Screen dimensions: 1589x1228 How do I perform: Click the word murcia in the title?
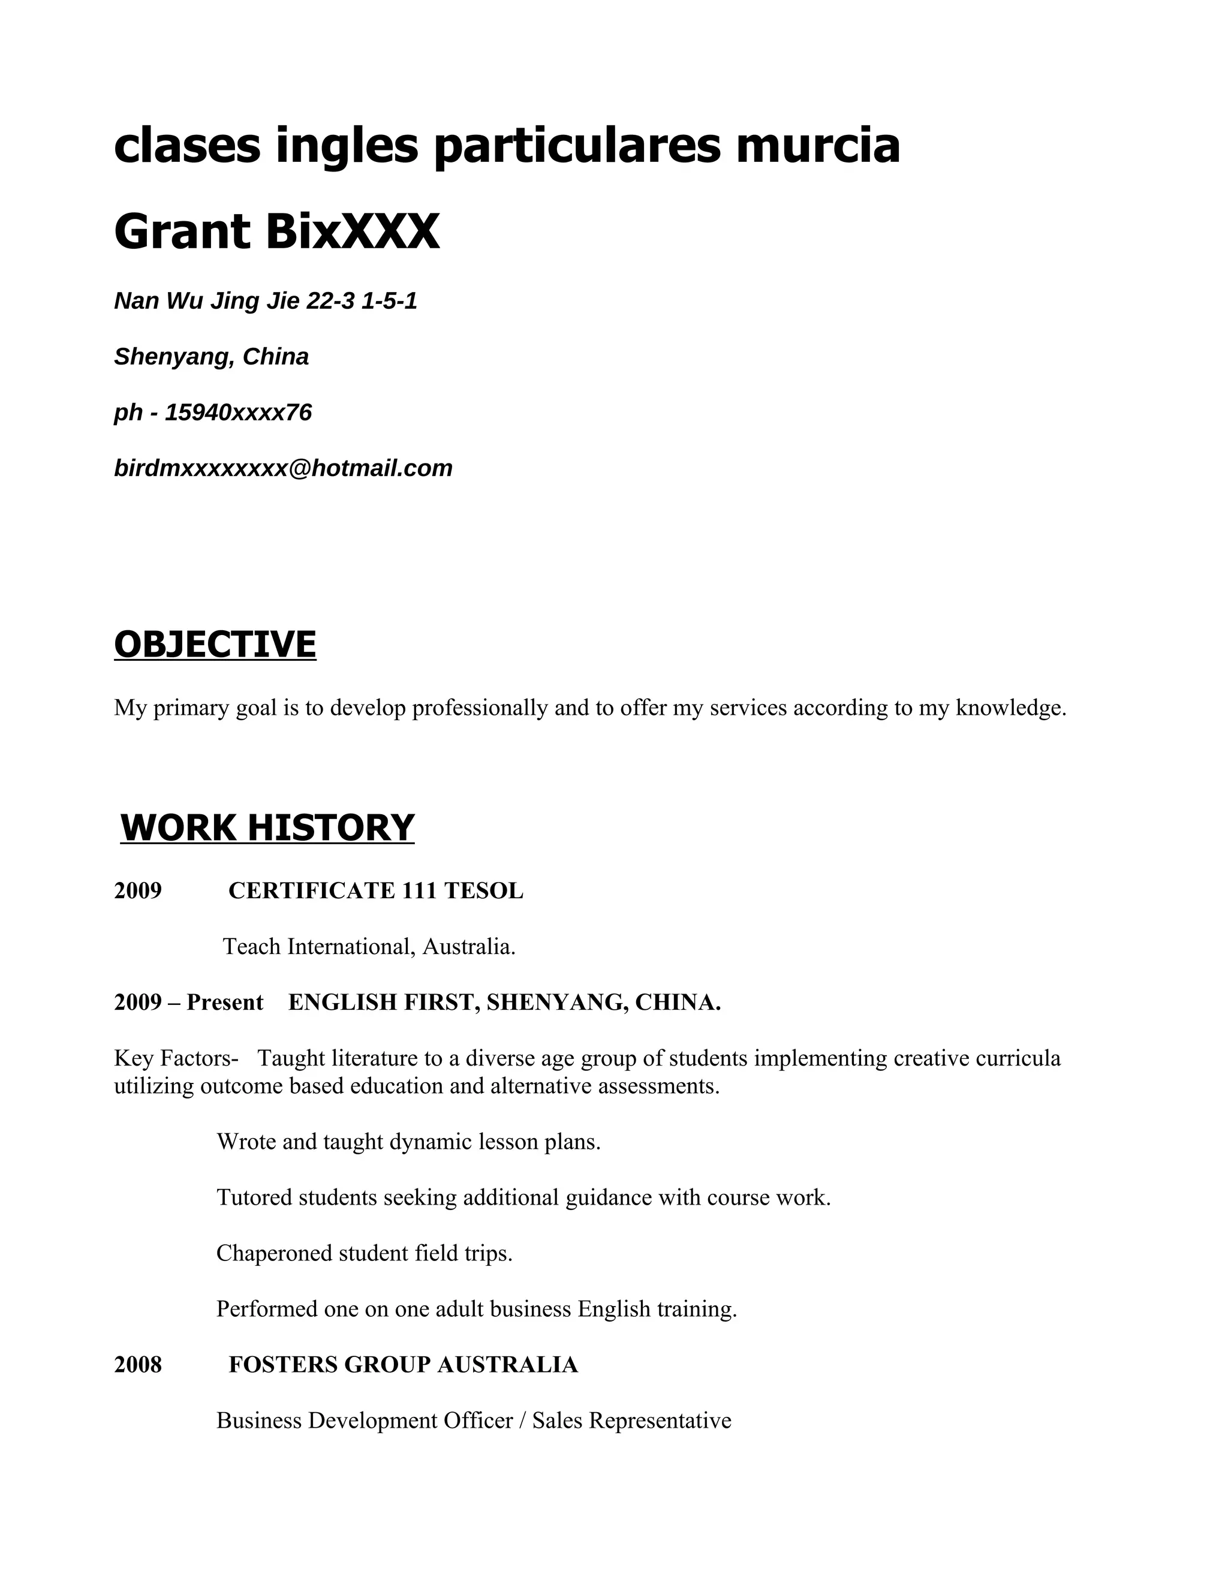point(818,145)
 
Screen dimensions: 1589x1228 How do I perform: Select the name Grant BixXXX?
point(276,231)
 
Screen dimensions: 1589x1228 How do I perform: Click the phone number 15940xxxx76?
point(238,413)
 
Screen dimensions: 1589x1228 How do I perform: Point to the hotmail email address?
point(283,468)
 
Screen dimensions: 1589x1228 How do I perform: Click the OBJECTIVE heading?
point(215,645)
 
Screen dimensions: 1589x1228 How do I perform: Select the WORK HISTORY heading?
point(267,828)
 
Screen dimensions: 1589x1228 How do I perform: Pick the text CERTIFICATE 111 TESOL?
point(375,890)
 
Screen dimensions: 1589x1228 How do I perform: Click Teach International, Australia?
point(369,947)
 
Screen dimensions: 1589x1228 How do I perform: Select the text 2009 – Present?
point(188,1003)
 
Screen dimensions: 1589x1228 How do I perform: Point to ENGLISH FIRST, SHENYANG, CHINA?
point(504,1003)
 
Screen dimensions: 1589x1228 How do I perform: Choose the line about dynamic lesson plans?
point(408,1142)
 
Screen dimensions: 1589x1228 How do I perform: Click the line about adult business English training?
point(477,1309)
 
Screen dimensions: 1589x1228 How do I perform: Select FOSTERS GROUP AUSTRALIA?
point(403,1364)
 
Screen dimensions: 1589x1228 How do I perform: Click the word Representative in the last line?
point(660,1420)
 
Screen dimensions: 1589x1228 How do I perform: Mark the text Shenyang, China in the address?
point(211,357)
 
